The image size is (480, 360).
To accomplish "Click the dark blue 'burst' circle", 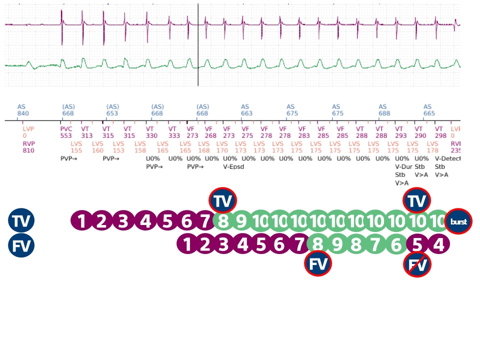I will pos(459,221).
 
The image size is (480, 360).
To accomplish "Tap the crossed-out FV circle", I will pos(417,264).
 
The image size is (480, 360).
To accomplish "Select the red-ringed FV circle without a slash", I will pos(318,264).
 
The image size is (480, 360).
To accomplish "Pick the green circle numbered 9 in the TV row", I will pos(242,221).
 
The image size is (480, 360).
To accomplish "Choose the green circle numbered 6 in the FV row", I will pos(396,245).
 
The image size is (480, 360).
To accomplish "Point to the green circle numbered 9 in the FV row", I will pos(337,245).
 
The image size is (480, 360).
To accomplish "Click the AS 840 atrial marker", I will pos(23,110).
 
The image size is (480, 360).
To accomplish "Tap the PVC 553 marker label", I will pos(66,132).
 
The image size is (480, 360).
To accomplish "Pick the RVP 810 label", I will pos(28,147).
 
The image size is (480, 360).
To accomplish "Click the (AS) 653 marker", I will pos(112,110).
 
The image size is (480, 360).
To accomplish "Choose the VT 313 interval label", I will pos(86,132).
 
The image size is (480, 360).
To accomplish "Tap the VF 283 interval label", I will pos(304,132).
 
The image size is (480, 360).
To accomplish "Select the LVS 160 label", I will pos(97,147).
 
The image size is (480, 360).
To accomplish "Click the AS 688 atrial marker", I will pos(383,110).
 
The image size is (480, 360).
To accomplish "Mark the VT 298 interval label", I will pos(440,132).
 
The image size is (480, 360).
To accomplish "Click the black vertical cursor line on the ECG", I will pos(198,45).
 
